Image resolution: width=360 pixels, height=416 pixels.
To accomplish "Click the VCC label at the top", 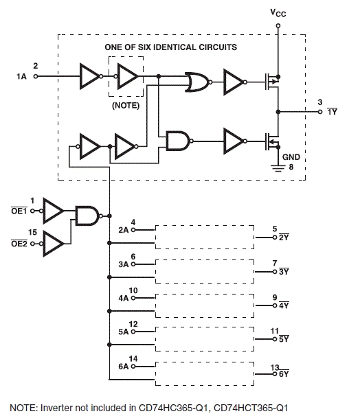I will coord(278,14).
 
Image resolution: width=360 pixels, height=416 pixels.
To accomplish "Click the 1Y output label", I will coord(332,111).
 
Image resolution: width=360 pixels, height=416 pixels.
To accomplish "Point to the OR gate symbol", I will coord(199,83).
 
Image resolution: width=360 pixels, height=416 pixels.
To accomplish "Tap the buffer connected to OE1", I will coord(53,211).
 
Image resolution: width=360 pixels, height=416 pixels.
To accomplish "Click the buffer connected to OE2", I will coord(53,242).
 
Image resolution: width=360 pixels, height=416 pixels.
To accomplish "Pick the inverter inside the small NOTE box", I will coord(127,76).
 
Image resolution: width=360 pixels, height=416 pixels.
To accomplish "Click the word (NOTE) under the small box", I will coord(125,106).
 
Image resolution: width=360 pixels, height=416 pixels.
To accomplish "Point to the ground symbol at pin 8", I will coord(278,165).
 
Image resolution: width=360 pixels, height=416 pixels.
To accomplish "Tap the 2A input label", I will coord(124,230).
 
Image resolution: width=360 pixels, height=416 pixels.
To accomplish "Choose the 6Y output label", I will coord(284,374).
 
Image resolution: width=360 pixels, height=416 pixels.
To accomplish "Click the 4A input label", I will coord(124,299).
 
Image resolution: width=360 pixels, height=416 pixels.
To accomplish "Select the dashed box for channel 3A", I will coord(204,271).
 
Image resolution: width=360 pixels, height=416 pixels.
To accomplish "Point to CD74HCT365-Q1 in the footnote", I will coord(254,406).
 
